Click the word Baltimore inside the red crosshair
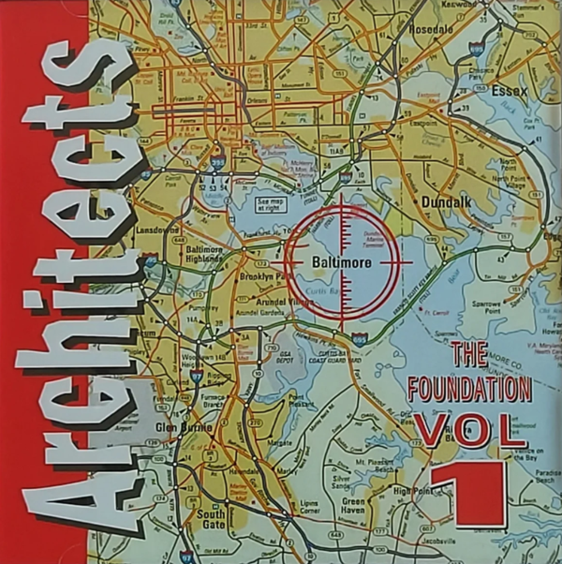coord(342,263)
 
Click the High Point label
coord(410,491)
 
